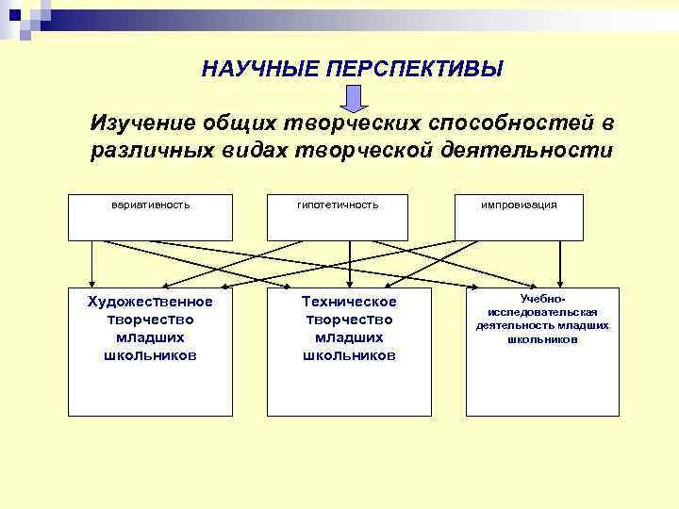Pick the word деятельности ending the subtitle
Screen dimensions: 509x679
pyautogui.click(x=538, y=151)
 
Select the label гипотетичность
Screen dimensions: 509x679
pyautogui.click(x=338, y=205)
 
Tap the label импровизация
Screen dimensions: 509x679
pyautogui.click(x=519, y=205)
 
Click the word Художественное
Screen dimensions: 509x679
pyautogui.click(x=150, y=302)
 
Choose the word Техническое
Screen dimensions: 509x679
pyautogui.click(x=349, y=302)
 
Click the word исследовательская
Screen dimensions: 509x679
pyautogui.click(x=542, y=312)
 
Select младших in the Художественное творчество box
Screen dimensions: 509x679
pyautogui.click(x=150, y=337)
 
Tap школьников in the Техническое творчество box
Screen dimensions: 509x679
pyautogui.click(x=349, y=355)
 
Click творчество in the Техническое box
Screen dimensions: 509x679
pyautogui.click(x=349, y=320)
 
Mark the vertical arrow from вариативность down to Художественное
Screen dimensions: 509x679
pyautogui.click(x=91, y=264)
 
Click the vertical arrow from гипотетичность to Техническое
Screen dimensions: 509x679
pyautogui.click(x=350, y=264)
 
